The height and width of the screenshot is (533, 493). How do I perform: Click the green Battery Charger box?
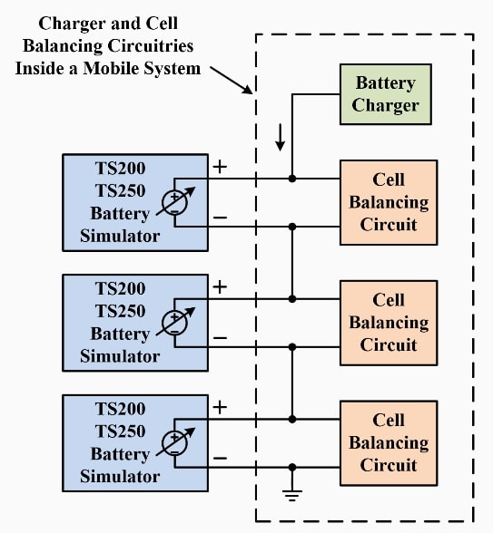[385, 94]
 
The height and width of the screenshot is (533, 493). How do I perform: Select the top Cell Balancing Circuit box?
[388, 202]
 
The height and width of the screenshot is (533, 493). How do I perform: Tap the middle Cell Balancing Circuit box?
[388, 322]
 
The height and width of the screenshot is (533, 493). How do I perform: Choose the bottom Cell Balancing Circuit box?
[388, 442]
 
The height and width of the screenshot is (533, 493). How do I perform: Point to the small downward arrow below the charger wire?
[281, 137]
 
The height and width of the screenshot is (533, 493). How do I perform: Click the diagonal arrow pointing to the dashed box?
[234, 81]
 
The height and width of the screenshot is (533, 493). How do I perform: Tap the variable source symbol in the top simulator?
[173, 202]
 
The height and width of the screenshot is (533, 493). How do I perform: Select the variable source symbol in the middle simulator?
[173, 322]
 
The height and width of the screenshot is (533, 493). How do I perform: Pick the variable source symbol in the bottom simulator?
[173, 442]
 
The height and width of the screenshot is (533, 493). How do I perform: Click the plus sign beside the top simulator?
[219, 167]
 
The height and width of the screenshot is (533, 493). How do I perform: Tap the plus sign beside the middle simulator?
[219, 287]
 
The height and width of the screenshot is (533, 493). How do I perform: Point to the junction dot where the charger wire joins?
[292, 179]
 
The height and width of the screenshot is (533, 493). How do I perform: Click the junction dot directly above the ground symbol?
[292, 467]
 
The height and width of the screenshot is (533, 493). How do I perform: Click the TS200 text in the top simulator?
[120, 168]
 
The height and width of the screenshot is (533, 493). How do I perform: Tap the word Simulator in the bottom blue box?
[120, 476]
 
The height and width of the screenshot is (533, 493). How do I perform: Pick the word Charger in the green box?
[386, 105]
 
